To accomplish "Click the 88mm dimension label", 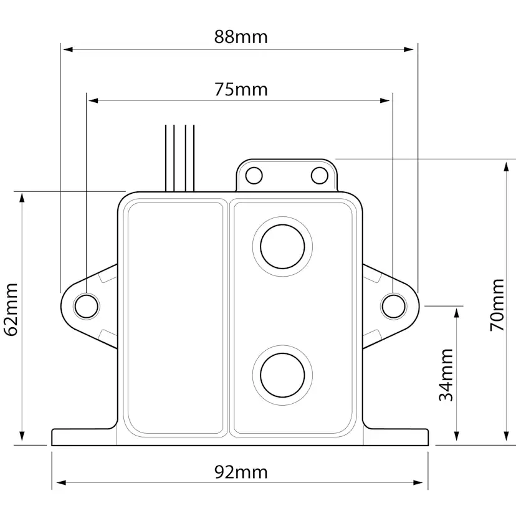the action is click(x=241, y=37).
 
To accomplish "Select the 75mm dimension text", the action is click(x=241, y=90).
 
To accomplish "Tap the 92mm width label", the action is click(x=241, y=472).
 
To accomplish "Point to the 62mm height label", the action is click(x=11, y=309).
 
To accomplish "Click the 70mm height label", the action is click(x=497, y=305).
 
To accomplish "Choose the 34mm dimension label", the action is click(x=446, y=375).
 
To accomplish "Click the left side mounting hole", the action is click(x=87, y=307).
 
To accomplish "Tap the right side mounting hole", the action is click(x=394, y=307).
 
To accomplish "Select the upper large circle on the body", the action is click(x=282, y=247).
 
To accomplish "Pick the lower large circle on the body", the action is click(x=282, y=375).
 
